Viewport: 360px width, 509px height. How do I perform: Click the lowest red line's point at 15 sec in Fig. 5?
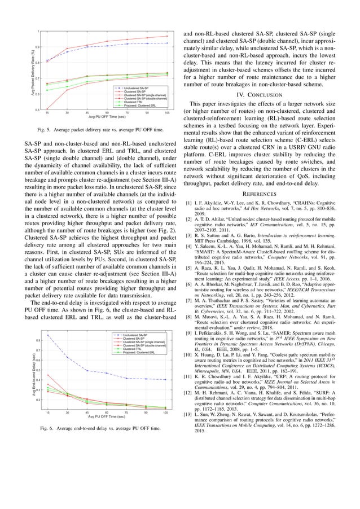tap(47, 109)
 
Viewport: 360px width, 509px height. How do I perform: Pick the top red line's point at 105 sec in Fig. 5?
tap(167, 36)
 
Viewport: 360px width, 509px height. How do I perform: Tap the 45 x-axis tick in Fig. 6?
tap(87, 413)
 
